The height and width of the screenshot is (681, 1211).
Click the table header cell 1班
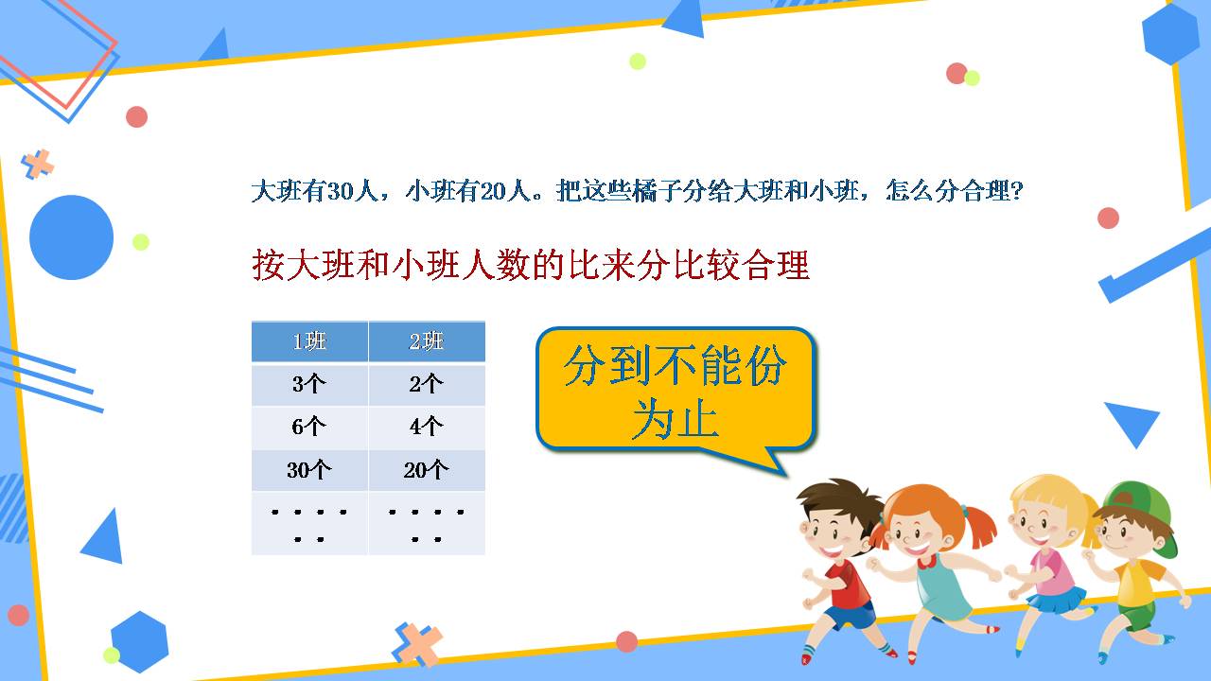pos(309,341)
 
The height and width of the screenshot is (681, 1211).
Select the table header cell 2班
pos(427,341)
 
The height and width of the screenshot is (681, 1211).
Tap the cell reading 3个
pos(309,384)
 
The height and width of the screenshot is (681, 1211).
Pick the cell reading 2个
pos(427,384)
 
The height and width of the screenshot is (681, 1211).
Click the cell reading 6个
pos(309,427)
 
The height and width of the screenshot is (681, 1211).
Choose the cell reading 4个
pos(427,427)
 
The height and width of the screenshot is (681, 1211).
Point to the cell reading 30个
pos(309,470)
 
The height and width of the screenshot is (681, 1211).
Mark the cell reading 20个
pos(427,470)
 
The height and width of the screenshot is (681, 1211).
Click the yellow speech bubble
pos(675,390)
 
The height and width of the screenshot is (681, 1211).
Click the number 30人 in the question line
pos(340,192)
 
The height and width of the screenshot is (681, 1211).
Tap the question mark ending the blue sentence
pos(1017,192)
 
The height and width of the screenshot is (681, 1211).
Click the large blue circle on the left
pos(72,237)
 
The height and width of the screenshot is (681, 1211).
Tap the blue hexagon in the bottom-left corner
pos(139,640)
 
